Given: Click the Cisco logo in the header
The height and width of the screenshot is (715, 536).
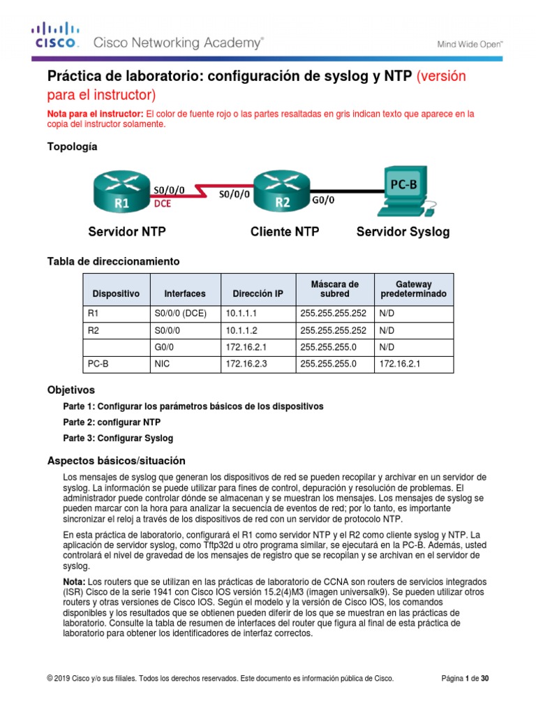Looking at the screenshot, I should coord(56,36).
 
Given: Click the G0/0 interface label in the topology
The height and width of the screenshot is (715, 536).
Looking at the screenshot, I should coord(322,200).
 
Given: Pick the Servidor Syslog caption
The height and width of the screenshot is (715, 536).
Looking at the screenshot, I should coord(403,232).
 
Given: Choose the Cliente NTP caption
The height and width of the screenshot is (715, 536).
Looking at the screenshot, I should coord(285,232).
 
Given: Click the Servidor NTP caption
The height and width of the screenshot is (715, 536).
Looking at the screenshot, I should coord(127,232).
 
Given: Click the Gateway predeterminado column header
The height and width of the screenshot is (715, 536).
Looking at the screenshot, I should coord(413,289).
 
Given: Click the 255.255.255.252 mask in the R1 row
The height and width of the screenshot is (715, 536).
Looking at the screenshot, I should coord(333,314).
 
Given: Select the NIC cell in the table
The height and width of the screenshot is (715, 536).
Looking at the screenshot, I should coord(161,364).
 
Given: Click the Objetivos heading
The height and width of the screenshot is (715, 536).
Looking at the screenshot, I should coord(70,390).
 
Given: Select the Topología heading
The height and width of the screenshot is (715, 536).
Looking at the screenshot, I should coord(72,147).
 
